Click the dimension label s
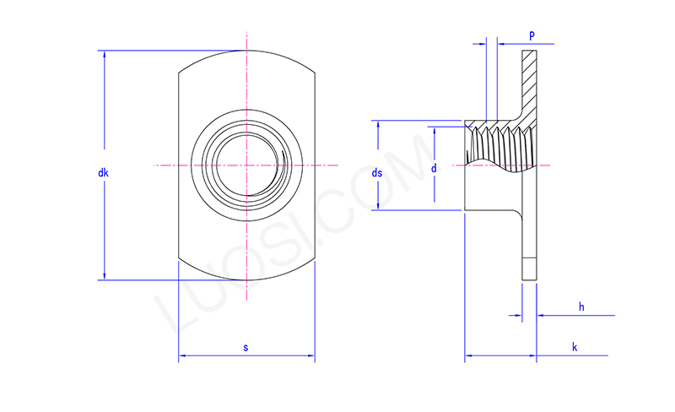tap(246, 347)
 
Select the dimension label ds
tap(377, 173)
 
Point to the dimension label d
tap(434, 169)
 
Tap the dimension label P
tap(532, 35)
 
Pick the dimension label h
tap(581, 306)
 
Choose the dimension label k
tap(574, 347)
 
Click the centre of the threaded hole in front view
tap(246, 165)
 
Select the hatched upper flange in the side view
tap(529, 80)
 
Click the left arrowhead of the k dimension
tap(469, 355)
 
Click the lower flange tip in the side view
tap(529, 268)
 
